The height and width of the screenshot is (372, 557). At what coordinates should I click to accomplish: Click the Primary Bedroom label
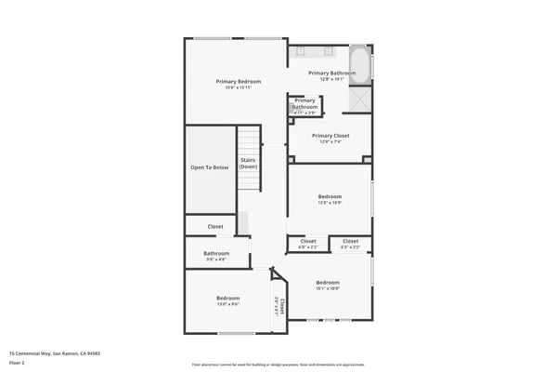[239, 82]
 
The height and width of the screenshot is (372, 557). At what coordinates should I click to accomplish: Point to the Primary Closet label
[330, 136]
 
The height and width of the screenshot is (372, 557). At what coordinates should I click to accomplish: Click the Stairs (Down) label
[248, 164]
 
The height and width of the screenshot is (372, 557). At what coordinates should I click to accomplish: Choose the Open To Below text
[210, 167]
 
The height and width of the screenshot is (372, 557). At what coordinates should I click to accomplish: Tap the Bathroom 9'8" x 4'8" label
[216, 253]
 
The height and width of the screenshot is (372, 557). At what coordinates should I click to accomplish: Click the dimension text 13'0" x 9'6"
[228, 304]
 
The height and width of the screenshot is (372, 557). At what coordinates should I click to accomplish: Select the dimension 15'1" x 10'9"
[328, 288]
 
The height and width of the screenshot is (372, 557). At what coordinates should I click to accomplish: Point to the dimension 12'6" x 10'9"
[330, 203]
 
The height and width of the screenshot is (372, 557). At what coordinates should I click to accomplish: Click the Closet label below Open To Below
[215, 226]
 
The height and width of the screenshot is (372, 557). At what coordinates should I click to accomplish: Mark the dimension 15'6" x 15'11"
[239, 88]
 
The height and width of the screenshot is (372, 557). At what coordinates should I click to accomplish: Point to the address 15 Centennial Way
[55, 353]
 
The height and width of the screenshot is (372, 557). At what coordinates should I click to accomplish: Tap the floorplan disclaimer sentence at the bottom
[278, 364]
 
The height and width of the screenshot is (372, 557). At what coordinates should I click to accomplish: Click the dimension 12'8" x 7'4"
[330, 142]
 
